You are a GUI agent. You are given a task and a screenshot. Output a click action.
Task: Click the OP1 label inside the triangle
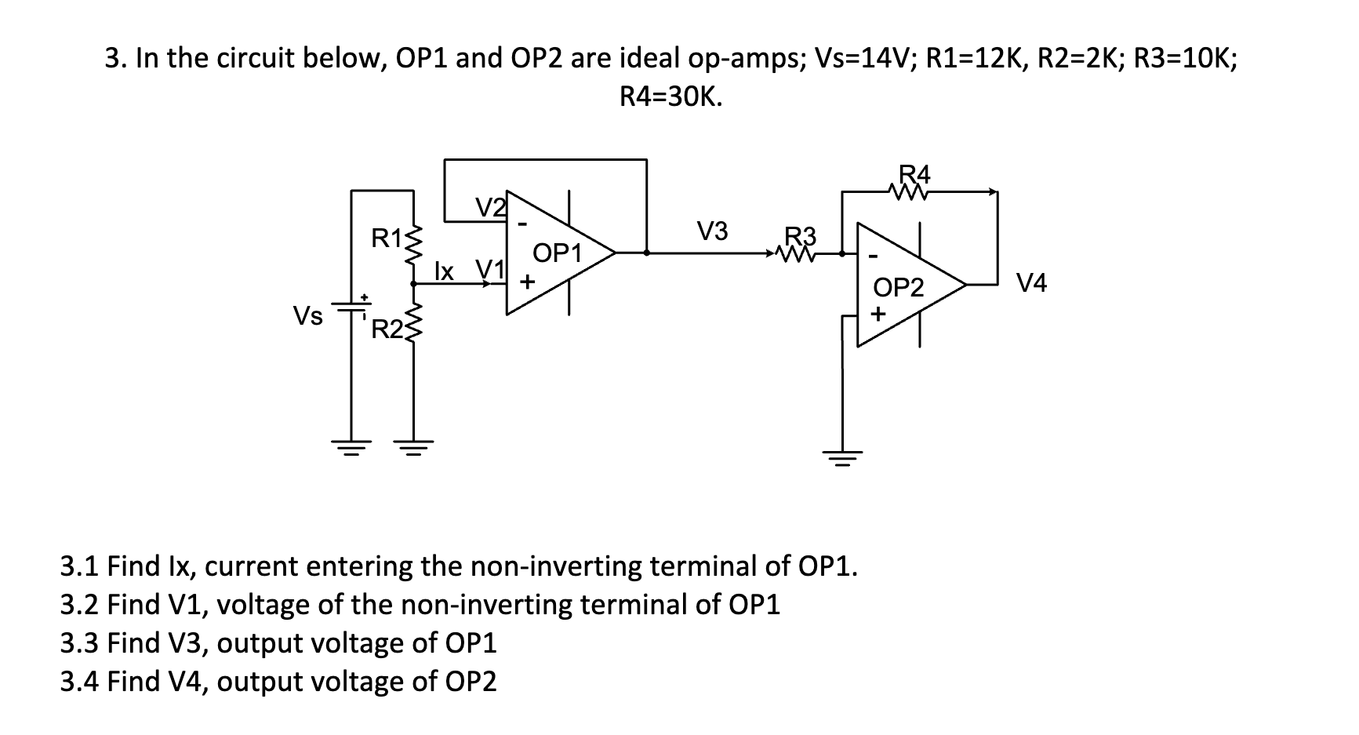tap(557, 253)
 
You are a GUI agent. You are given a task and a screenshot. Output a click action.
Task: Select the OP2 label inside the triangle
tap(899, 288)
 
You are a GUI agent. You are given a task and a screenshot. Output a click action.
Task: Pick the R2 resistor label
tap(385, 329)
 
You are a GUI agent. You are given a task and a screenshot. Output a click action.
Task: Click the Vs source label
tap(307, 316)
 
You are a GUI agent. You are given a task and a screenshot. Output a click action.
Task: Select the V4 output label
tap(1031, 283)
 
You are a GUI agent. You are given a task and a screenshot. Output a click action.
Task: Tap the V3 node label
tap(713, 231)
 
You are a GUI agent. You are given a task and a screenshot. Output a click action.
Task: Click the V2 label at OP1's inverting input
tap(491, 207)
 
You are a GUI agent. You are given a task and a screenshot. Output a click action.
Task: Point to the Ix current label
tap(444, 271)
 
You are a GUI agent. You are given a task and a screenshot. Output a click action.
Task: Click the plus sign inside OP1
tap(527, 280)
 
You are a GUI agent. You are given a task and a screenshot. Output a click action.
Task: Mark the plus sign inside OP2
tap(878, 315)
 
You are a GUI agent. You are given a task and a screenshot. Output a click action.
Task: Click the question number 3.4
tap(80, 682)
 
